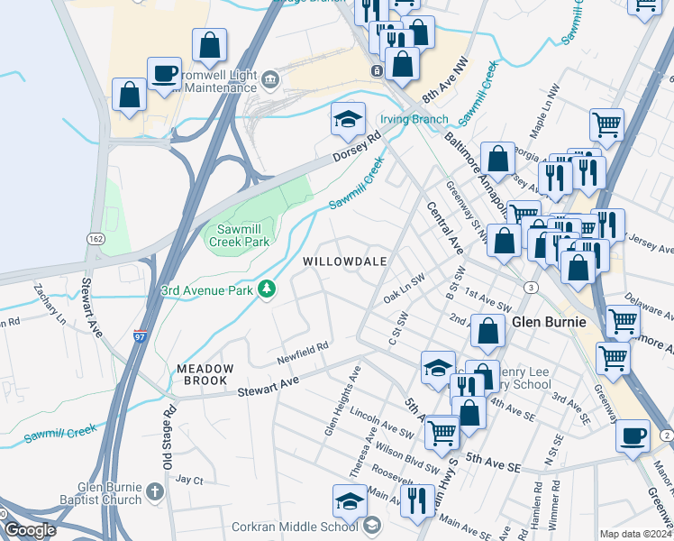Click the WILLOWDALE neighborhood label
click(x=345, y=261)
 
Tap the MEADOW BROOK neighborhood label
click(x=205, y=375)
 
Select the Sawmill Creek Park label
click(x=240, y=236)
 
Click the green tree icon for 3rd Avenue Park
click(x=267, y=289)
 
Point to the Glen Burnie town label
click(x=550, y=322)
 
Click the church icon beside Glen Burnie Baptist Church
click(x=154, y=492)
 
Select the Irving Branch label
click(x=414, y=119)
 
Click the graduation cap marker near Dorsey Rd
click(x=346, y=119)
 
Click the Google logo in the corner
click(x=31, y=530)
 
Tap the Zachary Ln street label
click(x=50, y=302)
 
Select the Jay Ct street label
click(x=190, y=479)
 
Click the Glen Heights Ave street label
click(x=343, y=400)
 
